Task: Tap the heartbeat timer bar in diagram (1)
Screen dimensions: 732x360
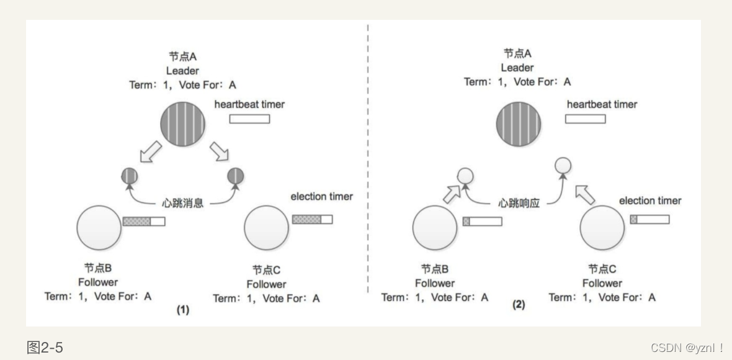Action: pos(250,119)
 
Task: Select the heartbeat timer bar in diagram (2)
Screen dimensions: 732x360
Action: pos(585,119)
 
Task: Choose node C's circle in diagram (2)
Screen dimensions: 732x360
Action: pos(602,228)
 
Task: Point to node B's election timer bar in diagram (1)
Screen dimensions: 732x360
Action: pos(144,220)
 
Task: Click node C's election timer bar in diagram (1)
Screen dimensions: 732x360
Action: pos(312,219)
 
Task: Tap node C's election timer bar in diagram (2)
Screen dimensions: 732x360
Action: pos(649,219)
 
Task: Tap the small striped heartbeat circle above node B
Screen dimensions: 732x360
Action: pos(130,177)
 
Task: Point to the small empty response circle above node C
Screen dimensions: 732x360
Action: pos(562,165)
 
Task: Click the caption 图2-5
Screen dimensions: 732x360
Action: pos(45,347)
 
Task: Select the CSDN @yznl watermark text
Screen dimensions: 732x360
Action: pos(687,348)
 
